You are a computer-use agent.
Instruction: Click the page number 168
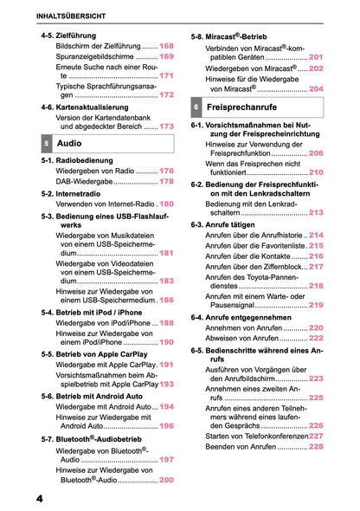tap(166, 45)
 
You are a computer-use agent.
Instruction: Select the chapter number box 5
tap(45, 140)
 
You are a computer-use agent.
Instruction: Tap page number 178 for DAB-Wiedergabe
tap(166, 182)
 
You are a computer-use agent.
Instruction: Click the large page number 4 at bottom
tap(41, 499)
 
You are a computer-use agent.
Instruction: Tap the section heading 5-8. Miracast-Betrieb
tap(237, 37)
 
